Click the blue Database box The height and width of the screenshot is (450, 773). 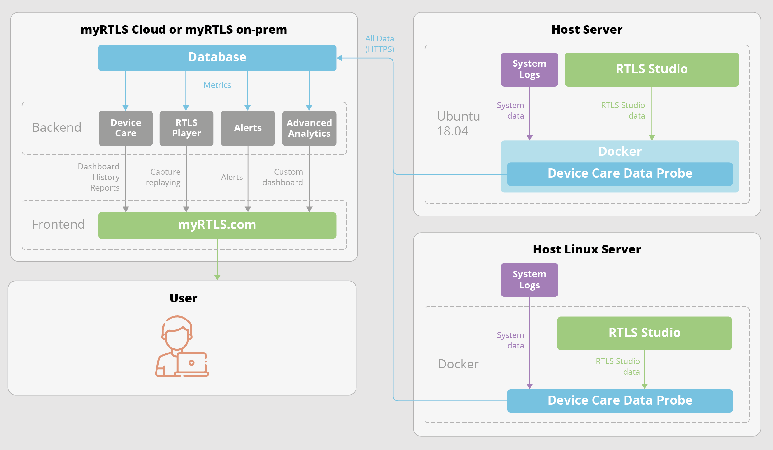217,58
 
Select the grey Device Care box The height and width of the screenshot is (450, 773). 126,128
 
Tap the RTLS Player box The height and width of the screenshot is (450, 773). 186,128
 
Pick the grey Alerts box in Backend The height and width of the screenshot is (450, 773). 248,128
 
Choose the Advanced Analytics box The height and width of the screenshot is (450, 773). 309,128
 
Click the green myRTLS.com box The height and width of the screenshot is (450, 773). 217,225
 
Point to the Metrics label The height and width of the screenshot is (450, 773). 217,85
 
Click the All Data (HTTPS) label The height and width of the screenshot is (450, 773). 380,44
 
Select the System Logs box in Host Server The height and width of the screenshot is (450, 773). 529,69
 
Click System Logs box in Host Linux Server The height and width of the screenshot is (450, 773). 529,280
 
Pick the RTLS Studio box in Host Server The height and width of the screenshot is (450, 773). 652,69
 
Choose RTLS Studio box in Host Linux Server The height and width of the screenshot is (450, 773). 645,333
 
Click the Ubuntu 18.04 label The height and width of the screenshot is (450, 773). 458,124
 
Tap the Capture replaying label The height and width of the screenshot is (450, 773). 164,177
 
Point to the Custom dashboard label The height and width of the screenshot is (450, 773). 283,177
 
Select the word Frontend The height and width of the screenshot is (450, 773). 58,225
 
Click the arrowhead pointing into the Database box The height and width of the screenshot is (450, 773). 340,58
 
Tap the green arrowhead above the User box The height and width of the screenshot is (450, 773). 217,277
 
